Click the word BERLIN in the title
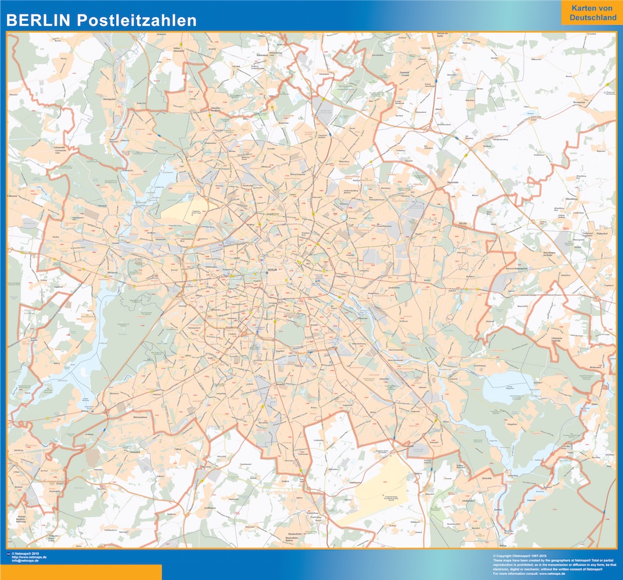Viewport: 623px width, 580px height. (38, 21)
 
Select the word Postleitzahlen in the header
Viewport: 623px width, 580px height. (136, 21)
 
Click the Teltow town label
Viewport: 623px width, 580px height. (179, 449)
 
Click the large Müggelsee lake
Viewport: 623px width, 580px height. (505, 386)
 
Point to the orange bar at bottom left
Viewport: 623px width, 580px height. (81, 572)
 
